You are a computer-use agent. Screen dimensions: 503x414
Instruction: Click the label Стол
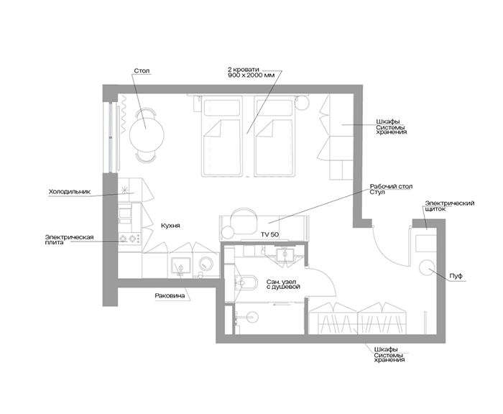pos(142,70)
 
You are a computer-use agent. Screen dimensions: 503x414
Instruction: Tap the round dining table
pos(147,134)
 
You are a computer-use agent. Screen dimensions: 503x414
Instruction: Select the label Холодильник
pos(70,192)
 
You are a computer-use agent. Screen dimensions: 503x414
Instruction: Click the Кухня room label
pos(170,226)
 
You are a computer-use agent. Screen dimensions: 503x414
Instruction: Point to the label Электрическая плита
pos(69,240)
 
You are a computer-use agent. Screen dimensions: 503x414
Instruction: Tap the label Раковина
pos(170,295)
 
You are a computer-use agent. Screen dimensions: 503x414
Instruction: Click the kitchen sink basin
pos(180,266)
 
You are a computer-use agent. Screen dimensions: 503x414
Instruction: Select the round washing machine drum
pos(206,264)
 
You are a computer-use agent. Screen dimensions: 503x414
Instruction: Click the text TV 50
pos(269,234)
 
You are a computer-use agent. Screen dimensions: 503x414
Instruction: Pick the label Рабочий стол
pos(391,186)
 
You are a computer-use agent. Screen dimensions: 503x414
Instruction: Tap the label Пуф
pos(456,276)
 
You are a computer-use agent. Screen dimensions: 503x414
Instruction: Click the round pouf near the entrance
pos(427,267)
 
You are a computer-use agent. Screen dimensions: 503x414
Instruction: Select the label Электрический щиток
pos(449,206)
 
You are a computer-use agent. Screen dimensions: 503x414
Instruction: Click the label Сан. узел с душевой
pos(283,285)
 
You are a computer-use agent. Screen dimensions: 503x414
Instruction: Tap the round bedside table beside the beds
pos(302,103)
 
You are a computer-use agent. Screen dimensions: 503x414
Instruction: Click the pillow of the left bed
pos(221,108)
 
